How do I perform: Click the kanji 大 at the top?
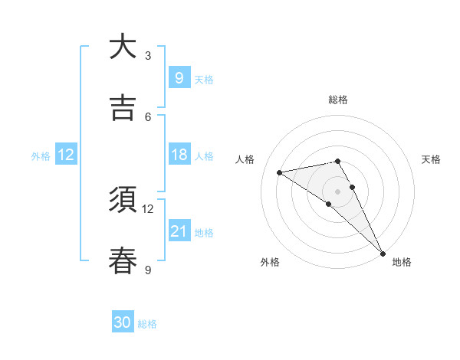tap(123, 47)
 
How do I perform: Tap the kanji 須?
tap(123, 200)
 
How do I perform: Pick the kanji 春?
tap(123, 260)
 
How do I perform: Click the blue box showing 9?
tap(179, 77)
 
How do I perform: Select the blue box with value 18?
tap(179, 155)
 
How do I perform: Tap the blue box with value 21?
tap(179, 231)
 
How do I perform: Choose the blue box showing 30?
tap(123, 322)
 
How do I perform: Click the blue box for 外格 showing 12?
tap(66, 155)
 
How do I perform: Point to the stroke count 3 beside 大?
tap(148, 55)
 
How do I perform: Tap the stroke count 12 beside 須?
tap(148, 208)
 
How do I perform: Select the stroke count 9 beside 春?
tap(148, 269)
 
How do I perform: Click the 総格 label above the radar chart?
tap(338, 100)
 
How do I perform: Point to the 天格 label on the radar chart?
tap(432, 159)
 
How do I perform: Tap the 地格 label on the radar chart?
tap(402, 262)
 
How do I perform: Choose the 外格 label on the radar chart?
tap(270, 262)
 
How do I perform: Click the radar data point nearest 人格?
tap(280, 172)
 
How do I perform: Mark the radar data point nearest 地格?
tap(382, 253)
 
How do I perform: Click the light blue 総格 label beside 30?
tap(147, 324)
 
